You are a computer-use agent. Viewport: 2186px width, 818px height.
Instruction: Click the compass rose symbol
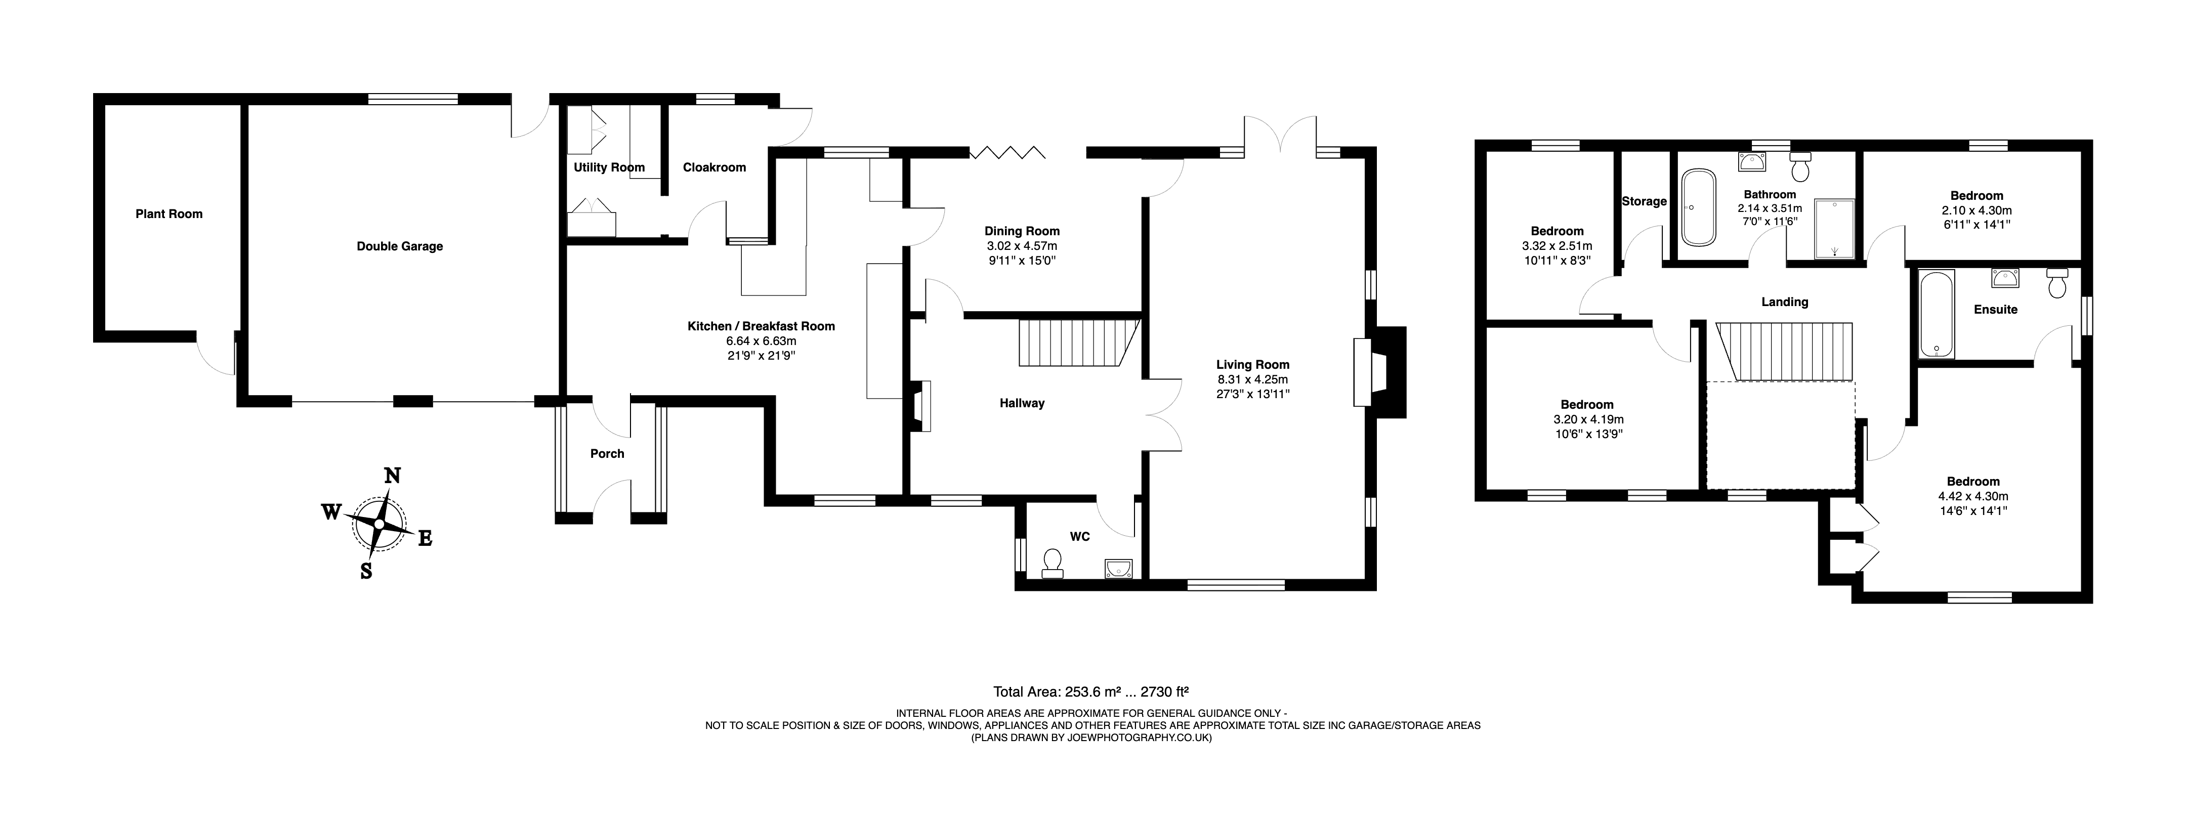tap(379, 524)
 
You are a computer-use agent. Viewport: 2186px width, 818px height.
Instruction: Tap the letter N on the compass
tap(392, 475)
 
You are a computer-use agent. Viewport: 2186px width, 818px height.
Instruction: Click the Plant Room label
tap(169, 214)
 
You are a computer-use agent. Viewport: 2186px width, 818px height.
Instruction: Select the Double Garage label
tap(400, 246)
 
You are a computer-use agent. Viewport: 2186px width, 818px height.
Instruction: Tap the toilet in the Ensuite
tap(2057, 283)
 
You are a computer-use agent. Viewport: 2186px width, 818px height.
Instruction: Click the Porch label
tap(607, 454)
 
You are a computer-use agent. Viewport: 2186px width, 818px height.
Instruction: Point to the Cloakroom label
tap(714, 167)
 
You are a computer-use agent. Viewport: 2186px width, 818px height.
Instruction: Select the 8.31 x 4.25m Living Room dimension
tap(1252, 379)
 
